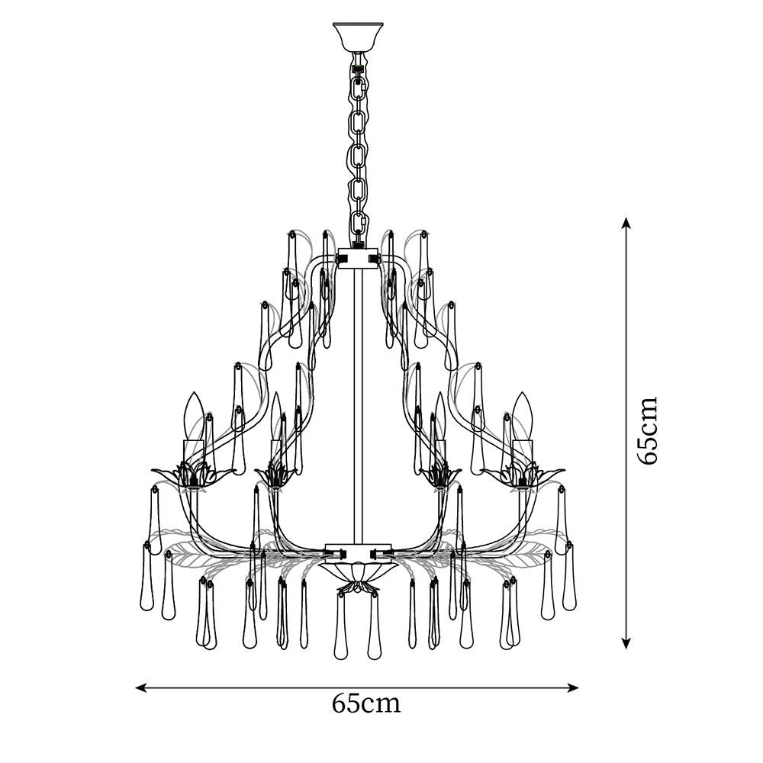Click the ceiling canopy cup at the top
pos(358,37)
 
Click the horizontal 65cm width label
pos(366,703)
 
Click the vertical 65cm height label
pos(648,430)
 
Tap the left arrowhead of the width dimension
pos(140,687)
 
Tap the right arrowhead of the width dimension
pos(573,687)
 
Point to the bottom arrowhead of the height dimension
pos(626,642)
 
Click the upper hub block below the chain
pos(358,259)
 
